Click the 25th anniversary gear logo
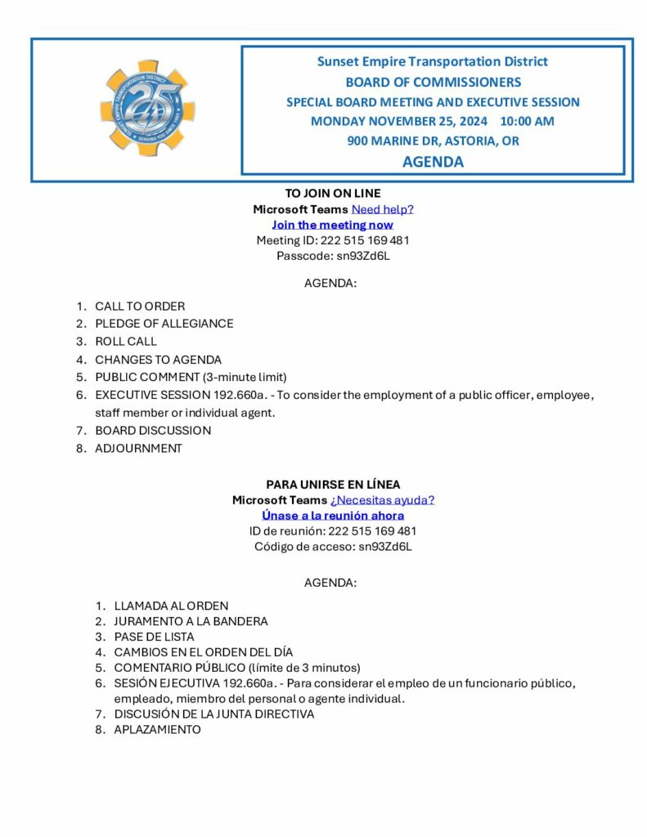pyautogui.click(x=147, y=108)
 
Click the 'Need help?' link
pyautogui.click(x=383, y=209)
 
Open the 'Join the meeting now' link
pyautogui.click(x=332, y=225)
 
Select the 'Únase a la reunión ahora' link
pyautogui.click(x=332, y=516)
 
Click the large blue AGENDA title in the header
pyautogui.click(x=433, y=162)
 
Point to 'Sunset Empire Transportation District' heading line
pyautogui.click(x=433, y=61)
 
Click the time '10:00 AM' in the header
pyautogui.click(x=527, y=122)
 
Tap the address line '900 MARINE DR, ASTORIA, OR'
pyautogui.click(x=433, y=141)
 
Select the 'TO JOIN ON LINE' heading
pyautogui.click(x=332, y=194)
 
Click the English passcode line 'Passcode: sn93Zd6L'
pyautogui.click(x=332, y=256)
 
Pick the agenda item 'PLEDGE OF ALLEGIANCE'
pyautogui.click(x=164, y=324)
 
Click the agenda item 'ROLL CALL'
pyautogui.click(x=125, y=342)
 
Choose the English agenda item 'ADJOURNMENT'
pyautogui.click(x=138, y=449)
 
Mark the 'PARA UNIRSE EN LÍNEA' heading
pyautogui.click(x=332, y=485)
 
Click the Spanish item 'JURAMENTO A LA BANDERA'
pyautogui.click(x=191, y=621)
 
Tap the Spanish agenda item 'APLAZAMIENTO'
pyautogui.click(x=157, y=730)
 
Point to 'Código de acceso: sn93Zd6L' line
pyautogui.click(x=332, y=547)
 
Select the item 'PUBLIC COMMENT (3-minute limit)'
pyautogui.click(x=191, y=377)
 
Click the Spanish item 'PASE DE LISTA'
pyautogui.click(x=154, y=637)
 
